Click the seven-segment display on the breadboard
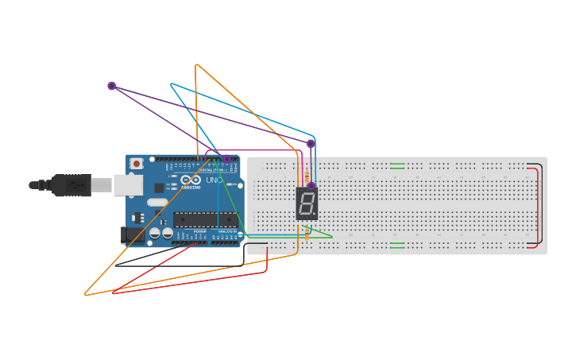pyautogui.click(x=307, y=204)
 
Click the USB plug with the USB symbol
pyautogui.click(x=71, y=185)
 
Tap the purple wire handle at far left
pyautogui.click(x=112, y=86)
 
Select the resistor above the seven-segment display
pyautogui.click(x=307, y=176)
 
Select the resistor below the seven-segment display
pyautogui.click(x=307, y=233)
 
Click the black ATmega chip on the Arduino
pyautogui.click(x=205, y=220)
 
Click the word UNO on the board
pyautogui.click(x=215, y=180)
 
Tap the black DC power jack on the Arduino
pyautogui.click(x=128, y=234)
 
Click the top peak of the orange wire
pyautogui.click(x=196, y=64)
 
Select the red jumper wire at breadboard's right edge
pyautogui.click(x=538, y=207)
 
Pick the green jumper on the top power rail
pyautogui.click(x=397, y=166)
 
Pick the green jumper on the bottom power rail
pyautogui.click(x=397, y=245)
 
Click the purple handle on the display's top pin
pyautogui.click(x=311, y=186)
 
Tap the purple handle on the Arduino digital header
pyautogui.click(x=226, y=159)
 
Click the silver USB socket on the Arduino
pyautogui.click(x=127, y=185)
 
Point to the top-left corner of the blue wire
pyautogui.click(x=171, y=83)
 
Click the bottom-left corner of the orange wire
pyautogui.click(x=86, y=295)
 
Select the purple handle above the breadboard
pyautogui.click(x=311, y=144)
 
